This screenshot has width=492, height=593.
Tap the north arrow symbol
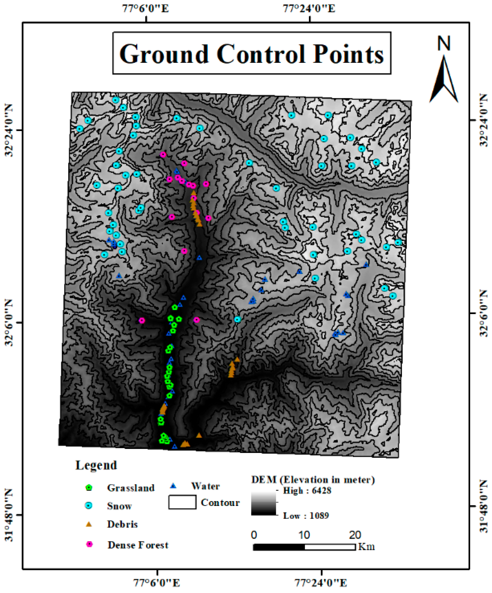click(x=444, y=81)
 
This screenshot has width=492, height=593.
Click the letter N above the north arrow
click(x=444, y=43)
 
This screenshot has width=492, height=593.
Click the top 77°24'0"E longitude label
click(x=309, y=8)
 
